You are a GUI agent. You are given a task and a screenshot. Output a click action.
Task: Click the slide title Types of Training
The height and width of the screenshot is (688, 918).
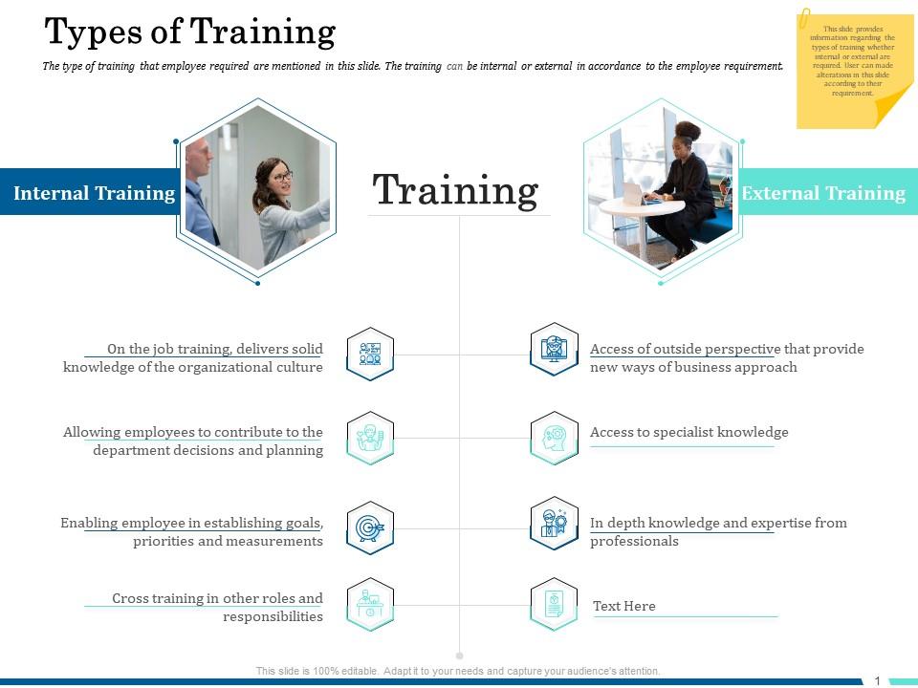pos(189,32)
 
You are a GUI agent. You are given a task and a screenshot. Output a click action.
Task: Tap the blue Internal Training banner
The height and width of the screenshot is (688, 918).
pos(94,193)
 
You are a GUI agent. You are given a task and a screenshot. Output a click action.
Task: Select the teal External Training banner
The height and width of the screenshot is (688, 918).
pos(823,193)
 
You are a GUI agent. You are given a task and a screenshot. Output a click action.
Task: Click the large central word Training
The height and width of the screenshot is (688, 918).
pos(455,190)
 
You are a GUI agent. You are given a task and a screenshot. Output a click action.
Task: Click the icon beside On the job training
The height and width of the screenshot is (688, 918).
pos(370,354)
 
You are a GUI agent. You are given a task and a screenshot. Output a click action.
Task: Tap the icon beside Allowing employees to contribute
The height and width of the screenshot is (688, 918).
pos(370,438)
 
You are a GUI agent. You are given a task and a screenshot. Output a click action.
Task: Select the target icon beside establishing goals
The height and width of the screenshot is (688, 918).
pos(370,527)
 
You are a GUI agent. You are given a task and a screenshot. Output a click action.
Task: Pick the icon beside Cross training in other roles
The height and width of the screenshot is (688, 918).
pos(370,604)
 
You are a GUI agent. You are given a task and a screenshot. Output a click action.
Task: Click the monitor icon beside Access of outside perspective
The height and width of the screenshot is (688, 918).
pos(554,349)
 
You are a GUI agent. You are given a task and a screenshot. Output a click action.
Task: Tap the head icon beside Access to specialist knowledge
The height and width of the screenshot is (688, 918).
pos(554,438)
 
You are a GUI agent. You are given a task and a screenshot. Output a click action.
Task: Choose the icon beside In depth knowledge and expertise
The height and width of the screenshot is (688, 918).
pos(554,524)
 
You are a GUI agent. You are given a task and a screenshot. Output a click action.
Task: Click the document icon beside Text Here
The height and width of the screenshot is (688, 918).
pos(554,604)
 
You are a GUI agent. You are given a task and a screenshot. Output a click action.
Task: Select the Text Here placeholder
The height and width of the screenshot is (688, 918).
pos(623,606)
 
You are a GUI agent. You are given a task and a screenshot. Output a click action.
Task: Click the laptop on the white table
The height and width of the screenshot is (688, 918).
pos(635,194)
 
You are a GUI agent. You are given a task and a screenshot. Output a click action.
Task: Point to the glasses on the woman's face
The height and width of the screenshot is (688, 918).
pos(280,177)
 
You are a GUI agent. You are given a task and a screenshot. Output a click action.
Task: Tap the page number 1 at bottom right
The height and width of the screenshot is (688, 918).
pos(877,680)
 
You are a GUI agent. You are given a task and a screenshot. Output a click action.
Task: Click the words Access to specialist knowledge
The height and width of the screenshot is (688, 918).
pos(688,432)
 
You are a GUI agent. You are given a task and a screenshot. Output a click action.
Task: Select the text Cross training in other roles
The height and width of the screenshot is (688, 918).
pos(217,598)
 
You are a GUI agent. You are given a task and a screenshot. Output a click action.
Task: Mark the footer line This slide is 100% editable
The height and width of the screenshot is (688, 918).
pos(458,671)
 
